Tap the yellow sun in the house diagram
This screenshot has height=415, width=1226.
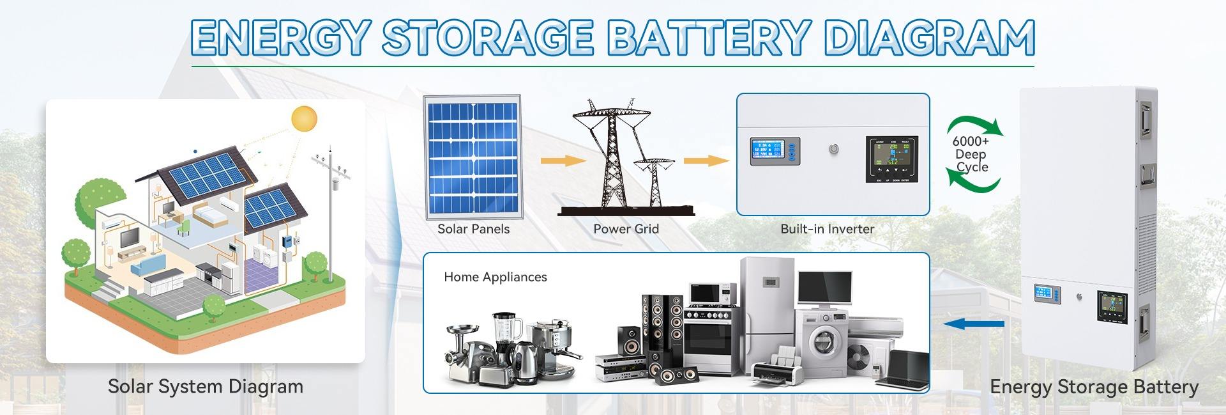coord(304,120)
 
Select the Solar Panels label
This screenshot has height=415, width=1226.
coord(473,229)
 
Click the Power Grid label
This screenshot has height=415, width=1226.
coord(626,229)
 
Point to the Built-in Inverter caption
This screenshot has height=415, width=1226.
coord(827,229)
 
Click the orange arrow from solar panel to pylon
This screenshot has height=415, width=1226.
coord(562,160)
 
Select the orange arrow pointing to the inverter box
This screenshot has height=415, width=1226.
coord(706,160)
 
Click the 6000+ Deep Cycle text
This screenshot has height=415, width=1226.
coord(971,154)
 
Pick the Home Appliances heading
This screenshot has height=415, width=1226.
coord(496,277)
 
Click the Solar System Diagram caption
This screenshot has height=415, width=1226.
coord(205,387)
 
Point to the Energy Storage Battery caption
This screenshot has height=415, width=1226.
coord(1094,387)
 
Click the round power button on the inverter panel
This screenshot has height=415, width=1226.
coord(833,150)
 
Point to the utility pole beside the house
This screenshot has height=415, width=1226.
coord(331,211)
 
